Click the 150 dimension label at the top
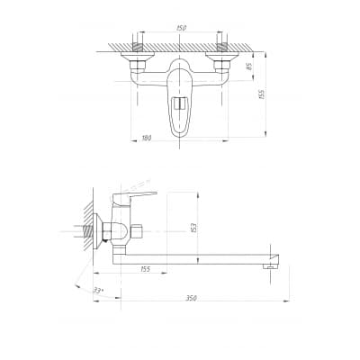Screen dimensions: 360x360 (181, 28)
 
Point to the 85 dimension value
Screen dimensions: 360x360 (248, 67)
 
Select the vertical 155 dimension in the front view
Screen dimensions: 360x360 (261, 94)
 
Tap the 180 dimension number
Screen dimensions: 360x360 (147, 138)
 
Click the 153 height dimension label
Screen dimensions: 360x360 (193, 228)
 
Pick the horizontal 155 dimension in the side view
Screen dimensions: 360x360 (145, 269)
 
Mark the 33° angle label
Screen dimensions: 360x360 (98, 291)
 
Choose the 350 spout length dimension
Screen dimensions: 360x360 (191, 298)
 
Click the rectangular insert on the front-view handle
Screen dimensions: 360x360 (179, 103)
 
